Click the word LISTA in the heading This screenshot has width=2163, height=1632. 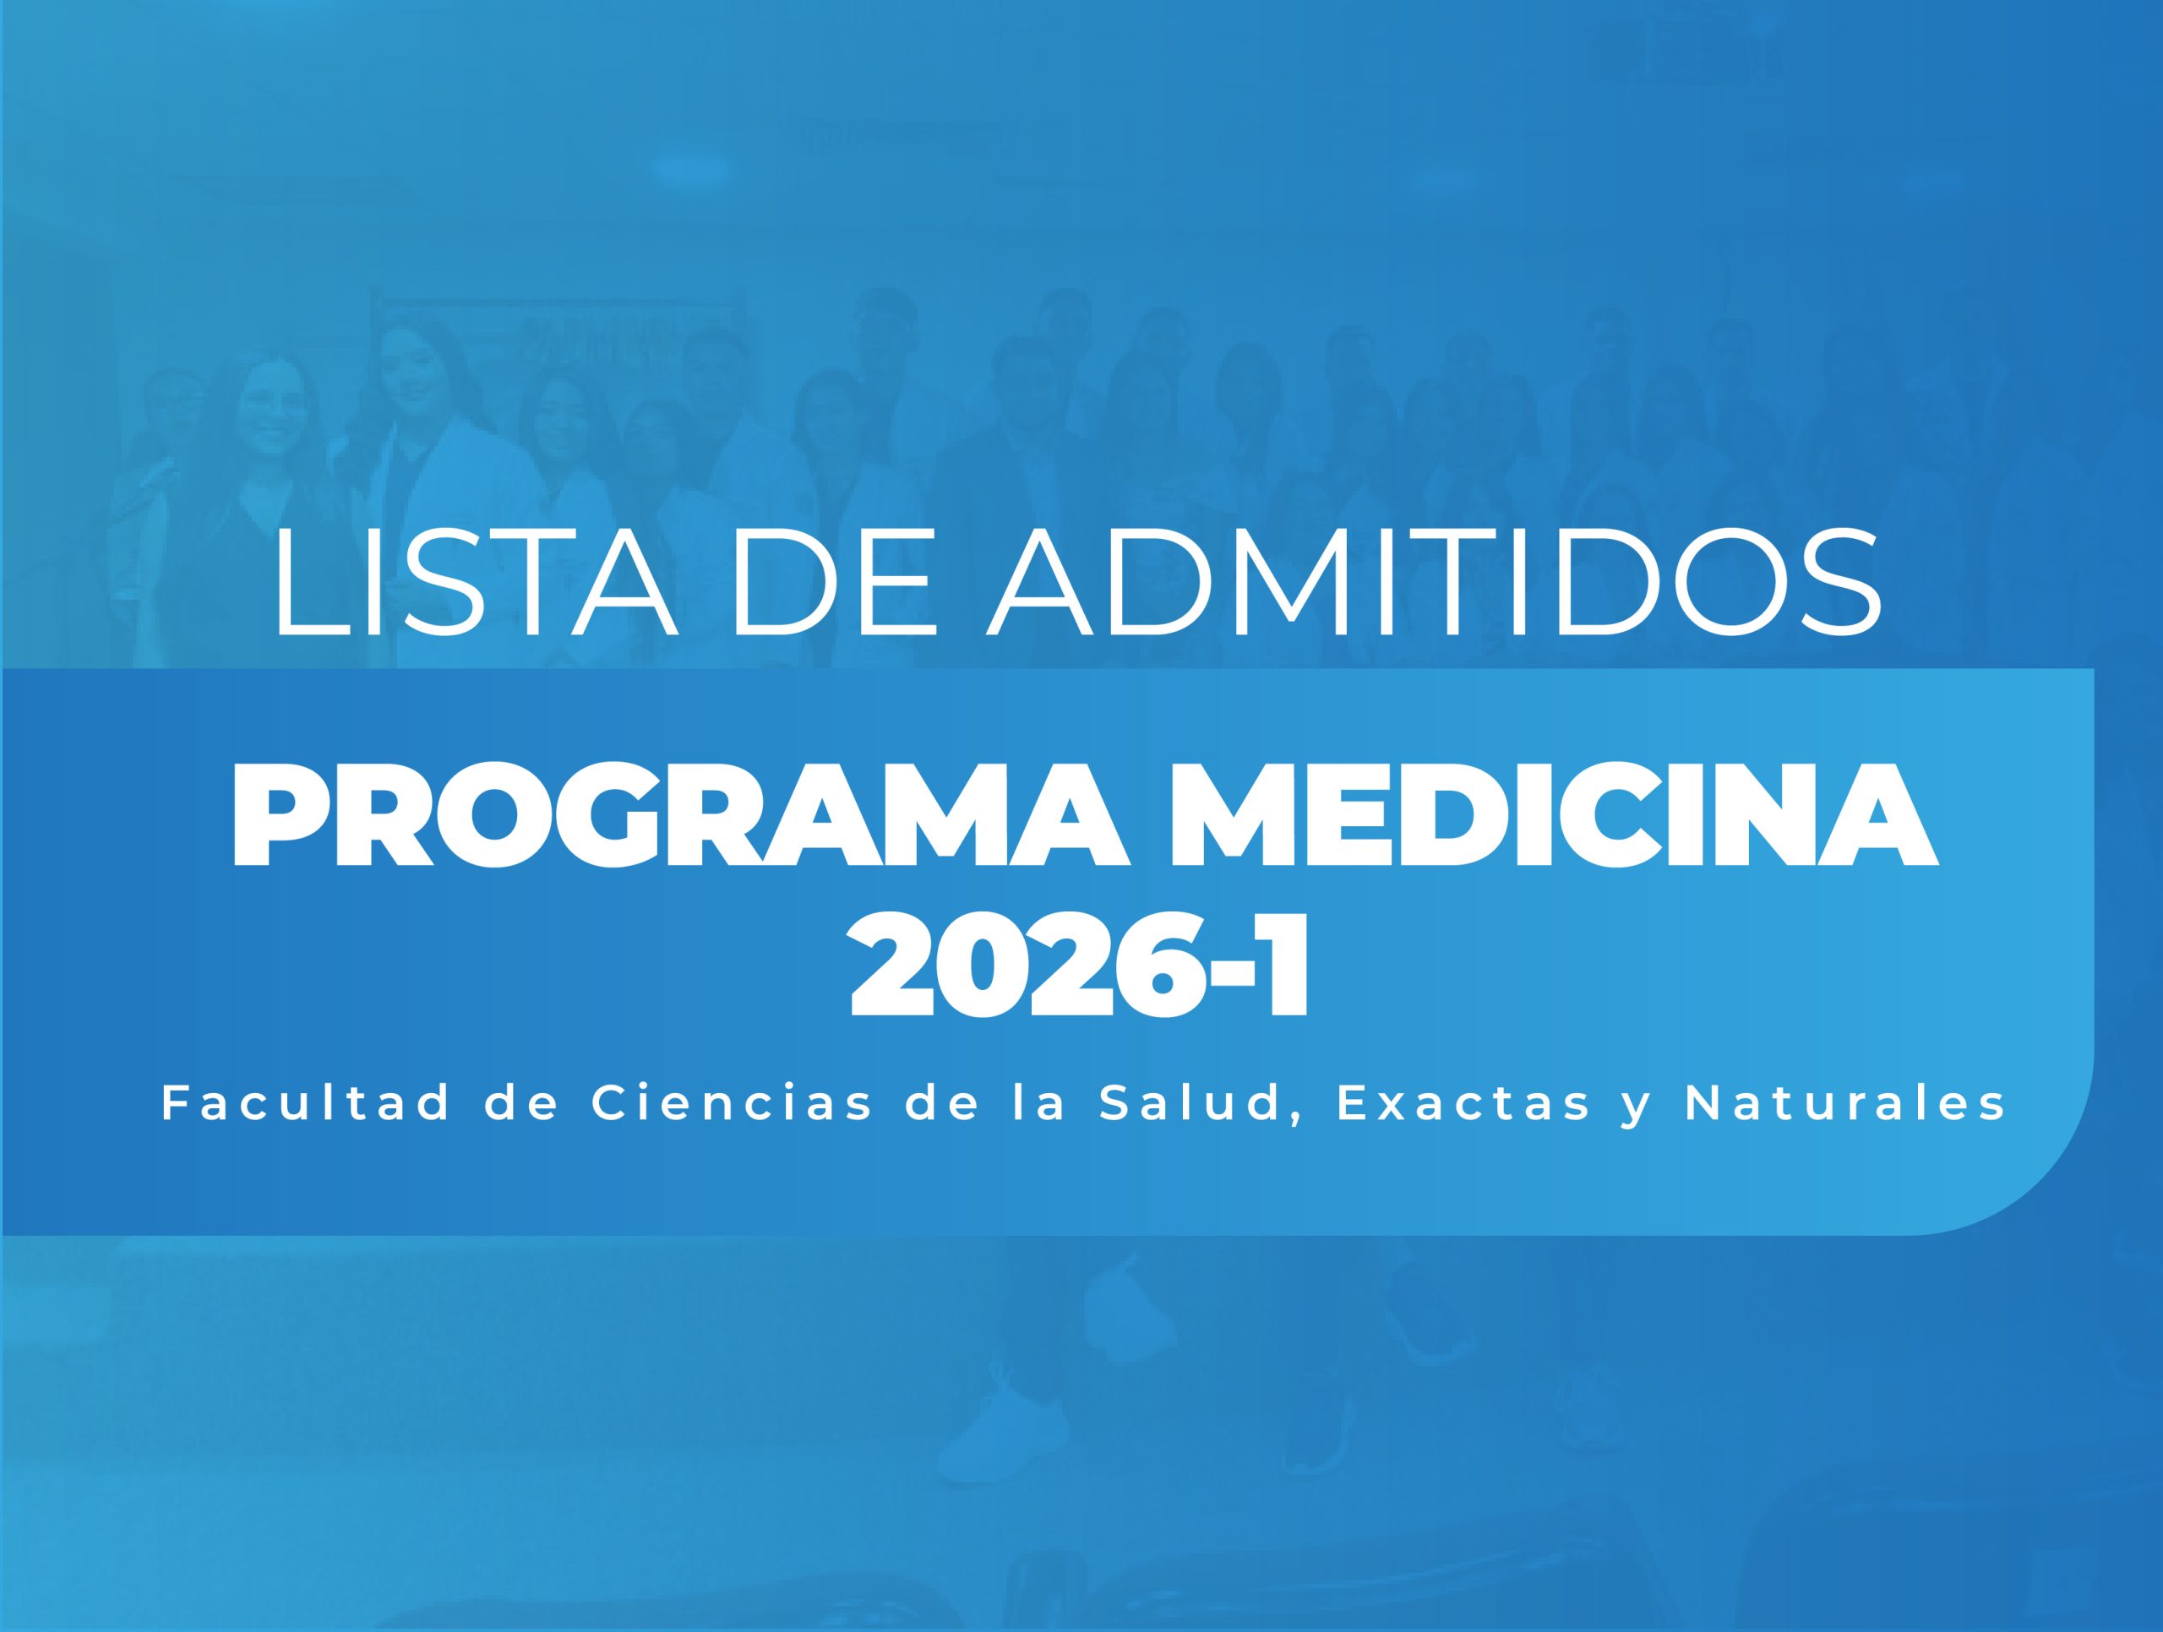point(477,582)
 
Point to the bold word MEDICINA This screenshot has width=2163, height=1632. point(1562,817)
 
